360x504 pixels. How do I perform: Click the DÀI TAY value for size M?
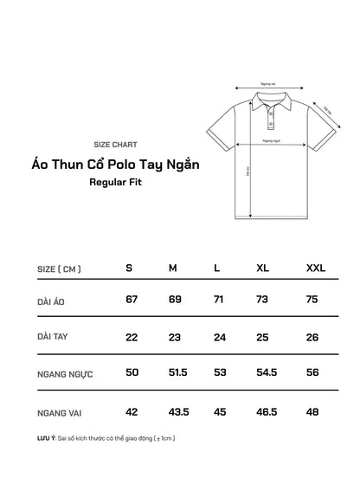coord(174,336)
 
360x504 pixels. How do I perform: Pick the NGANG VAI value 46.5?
coord(267,411)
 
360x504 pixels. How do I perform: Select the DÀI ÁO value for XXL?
coord(312,300)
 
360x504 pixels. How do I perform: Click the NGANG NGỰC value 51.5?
coord(177,372)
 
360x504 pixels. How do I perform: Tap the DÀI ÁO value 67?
coord(132,300)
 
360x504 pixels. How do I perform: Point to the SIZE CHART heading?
coord(114,145)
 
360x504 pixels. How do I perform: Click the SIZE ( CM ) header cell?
coord(60,268)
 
